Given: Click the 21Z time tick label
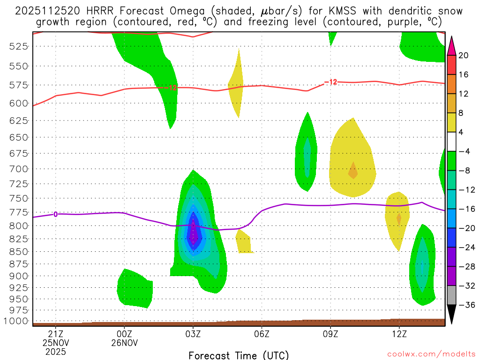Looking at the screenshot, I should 56,334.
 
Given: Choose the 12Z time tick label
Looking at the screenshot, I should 399,334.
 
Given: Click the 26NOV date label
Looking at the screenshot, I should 124,343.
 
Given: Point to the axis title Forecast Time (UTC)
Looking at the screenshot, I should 239,355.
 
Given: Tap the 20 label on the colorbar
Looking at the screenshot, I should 464,55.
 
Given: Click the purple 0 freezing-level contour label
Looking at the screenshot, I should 56,214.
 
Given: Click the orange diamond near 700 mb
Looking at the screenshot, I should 353,171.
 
